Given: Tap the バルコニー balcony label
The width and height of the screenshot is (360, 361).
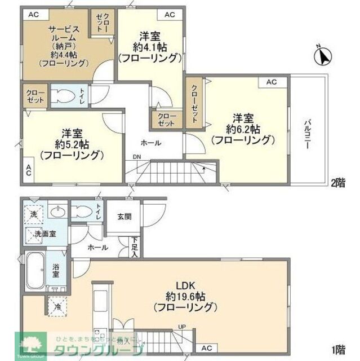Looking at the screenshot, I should coord(308,133).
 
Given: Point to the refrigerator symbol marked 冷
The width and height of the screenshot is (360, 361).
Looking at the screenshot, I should coord(59,306).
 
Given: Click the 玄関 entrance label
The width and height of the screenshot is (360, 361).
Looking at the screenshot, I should coord(125,217).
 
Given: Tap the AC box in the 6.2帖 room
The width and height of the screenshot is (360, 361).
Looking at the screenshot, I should coord(272,82).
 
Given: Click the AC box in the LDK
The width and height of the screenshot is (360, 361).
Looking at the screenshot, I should coord(207,348).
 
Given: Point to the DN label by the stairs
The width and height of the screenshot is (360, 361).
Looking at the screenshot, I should coord(137,157).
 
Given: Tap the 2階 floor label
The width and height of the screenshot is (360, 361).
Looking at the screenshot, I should coord(338,182).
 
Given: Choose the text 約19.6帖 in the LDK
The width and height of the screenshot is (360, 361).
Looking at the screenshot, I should coord(185,296).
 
